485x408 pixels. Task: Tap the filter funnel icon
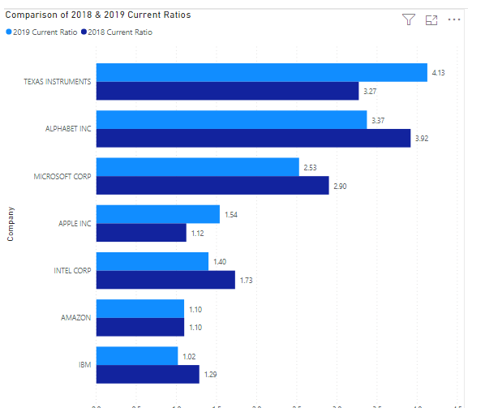[x=409, y=19]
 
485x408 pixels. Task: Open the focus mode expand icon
[x=431, y=19]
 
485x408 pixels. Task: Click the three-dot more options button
[x=454, y=19]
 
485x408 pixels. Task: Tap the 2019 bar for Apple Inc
[x=158, y=214]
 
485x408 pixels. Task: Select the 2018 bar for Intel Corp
[x=165, y=280]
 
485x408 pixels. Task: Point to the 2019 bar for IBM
[x=136, y=355]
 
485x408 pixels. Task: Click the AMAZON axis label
[x=75, y=318]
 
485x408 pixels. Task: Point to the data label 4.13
[x=439, y=72]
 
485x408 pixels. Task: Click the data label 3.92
[x=422, y=139]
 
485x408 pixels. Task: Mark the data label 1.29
[x=210, y=374]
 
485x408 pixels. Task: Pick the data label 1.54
[x=231, y=214]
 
